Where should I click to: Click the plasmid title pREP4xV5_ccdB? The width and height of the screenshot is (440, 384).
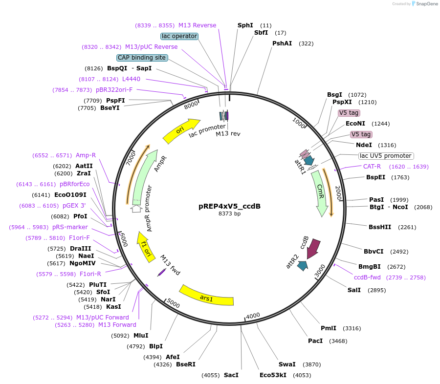[229, 206]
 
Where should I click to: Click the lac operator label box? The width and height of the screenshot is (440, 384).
[179, 36]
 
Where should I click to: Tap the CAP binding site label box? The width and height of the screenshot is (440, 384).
[142, 58]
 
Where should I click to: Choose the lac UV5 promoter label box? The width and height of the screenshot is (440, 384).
[386, 156]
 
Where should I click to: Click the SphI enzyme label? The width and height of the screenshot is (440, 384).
[245, 25]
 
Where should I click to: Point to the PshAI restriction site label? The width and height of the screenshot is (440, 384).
[282, 43]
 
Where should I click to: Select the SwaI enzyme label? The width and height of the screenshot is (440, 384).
[287, 364]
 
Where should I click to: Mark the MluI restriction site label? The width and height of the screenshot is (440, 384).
[141, 336]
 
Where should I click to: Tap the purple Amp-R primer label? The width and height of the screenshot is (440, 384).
[86, 155]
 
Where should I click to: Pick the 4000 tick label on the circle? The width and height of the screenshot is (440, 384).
[253, 316]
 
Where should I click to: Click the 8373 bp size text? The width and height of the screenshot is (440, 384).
[229, 214]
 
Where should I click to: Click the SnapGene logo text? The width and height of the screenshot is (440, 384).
[426, 4]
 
